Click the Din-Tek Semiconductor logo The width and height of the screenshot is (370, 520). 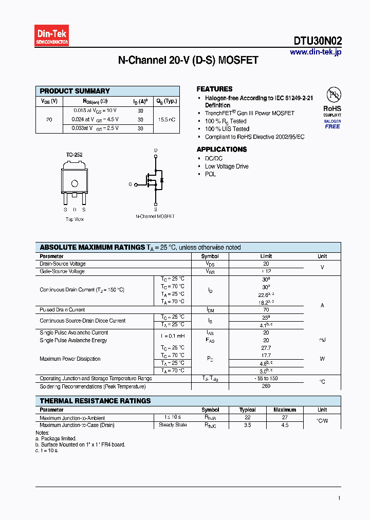52,36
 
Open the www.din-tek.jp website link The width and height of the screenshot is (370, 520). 315,52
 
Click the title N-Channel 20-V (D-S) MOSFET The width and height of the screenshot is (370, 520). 188,61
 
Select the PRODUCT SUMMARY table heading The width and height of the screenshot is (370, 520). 75,91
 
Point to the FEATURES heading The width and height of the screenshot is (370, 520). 214,89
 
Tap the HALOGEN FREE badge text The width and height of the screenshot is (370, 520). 332,124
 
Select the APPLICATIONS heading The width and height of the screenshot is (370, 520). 221,149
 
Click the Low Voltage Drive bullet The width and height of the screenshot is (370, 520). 227,166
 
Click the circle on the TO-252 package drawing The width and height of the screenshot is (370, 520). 75,183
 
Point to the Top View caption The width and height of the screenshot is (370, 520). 75,219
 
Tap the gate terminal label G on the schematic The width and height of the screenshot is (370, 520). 130,184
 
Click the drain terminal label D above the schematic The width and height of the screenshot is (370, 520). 156,151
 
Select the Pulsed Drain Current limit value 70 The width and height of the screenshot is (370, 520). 266,310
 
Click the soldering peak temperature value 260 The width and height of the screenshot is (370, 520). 266,386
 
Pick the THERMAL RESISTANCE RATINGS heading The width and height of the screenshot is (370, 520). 96,401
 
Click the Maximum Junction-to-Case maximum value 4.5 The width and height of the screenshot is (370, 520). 284,425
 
